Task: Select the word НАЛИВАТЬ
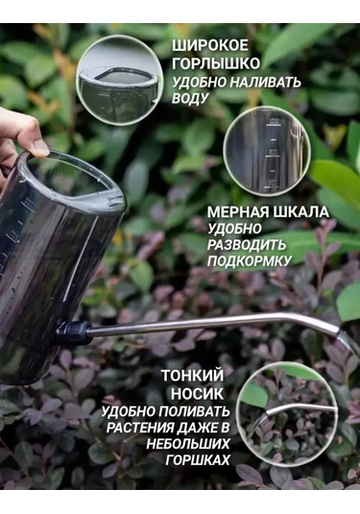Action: click(x=266, y=82)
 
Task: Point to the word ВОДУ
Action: click(x=191, y=99)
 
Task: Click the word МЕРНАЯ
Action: click(x=237, y=211)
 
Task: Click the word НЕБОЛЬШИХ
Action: click(x=193, y=445)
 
